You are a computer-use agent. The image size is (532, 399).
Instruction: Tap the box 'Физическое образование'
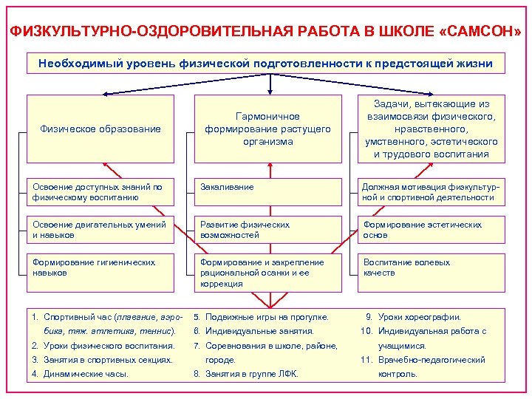click(x=100, y=129)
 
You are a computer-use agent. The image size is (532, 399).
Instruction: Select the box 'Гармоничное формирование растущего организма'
click(x=267, y=129)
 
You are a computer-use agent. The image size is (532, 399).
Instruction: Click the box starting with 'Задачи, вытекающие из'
click(x=432, y=129)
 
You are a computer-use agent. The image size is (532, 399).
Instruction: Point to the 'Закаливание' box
click(x=267, y=192)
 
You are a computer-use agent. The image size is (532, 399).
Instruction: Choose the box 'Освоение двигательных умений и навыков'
click(x=100, y=230)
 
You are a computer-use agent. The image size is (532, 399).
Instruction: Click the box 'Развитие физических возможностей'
click(x=267, y=230)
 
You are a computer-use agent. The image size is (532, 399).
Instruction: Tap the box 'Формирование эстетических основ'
click(x=432, y=230)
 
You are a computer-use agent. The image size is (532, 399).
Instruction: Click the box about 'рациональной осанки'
click(x=267, y=273)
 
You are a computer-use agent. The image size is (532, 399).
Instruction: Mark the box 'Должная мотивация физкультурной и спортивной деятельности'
click(x=432, y=192)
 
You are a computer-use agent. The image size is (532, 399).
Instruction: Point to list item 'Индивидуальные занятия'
click(x=259, y=331)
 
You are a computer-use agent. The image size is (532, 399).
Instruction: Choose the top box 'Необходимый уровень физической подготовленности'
click(x=265, y=64)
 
